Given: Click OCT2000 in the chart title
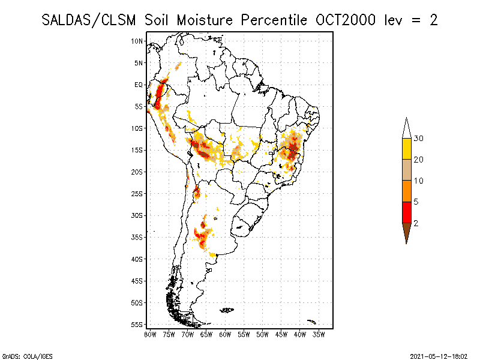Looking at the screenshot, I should [346, 20].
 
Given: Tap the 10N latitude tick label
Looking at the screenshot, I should [137, 41].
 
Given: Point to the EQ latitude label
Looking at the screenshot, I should [139, 85].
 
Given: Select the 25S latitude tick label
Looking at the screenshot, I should [137, 193].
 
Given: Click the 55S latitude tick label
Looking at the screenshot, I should [137, 324].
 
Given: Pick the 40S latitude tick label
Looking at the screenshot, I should [137, 259].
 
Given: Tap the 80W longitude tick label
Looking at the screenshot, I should [150, 334].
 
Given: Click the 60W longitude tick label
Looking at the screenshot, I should [225, 334].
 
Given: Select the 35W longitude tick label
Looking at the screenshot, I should [319, 334].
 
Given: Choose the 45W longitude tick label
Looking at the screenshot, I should [281, 334].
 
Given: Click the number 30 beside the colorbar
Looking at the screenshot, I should [419, 139].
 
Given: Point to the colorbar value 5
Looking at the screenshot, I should [416, 202].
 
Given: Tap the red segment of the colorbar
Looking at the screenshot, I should [407, 212].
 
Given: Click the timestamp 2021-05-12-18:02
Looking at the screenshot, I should [440, 355].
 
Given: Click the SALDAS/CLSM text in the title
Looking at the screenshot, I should [90, 20].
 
